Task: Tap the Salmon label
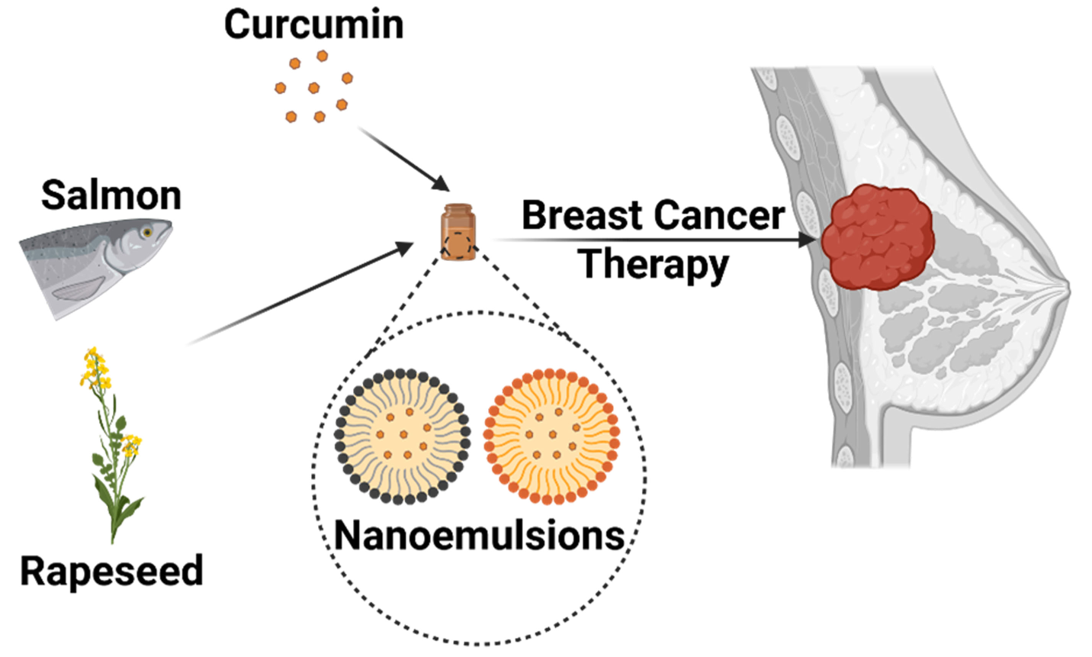click(111, 195)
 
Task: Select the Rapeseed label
click(111, 571)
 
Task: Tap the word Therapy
click(654, 264)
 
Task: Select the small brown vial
click(458, 231)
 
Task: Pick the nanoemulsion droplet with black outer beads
click(402, 436)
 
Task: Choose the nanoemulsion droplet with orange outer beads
click(551, 436)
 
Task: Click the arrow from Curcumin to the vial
click(404, 159)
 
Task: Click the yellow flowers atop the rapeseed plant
click(95, 366)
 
